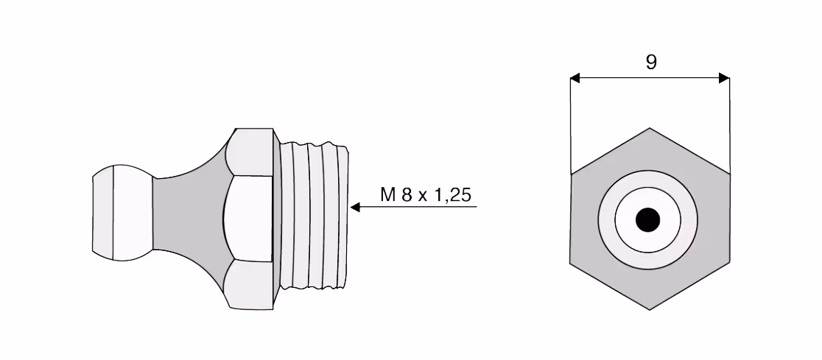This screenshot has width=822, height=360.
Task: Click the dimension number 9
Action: tap(650, 63)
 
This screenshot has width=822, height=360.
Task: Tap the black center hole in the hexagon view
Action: tap(647, 219)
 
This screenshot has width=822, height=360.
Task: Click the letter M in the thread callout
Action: tap(388, 195)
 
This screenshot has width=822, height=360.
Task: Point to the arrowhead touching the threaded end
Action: tap(355, 207)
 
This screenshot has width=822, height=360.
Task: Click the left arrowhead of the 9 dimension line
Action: tap(575, 78)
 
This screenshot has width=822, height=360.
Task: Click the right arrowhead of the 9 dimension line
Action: tap(724, 78)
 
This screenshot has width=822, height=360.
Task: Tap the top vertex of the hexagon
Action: tap(650, 128)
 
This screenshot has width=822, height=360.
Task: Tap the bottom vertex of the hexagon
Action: tap(650, 310)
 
